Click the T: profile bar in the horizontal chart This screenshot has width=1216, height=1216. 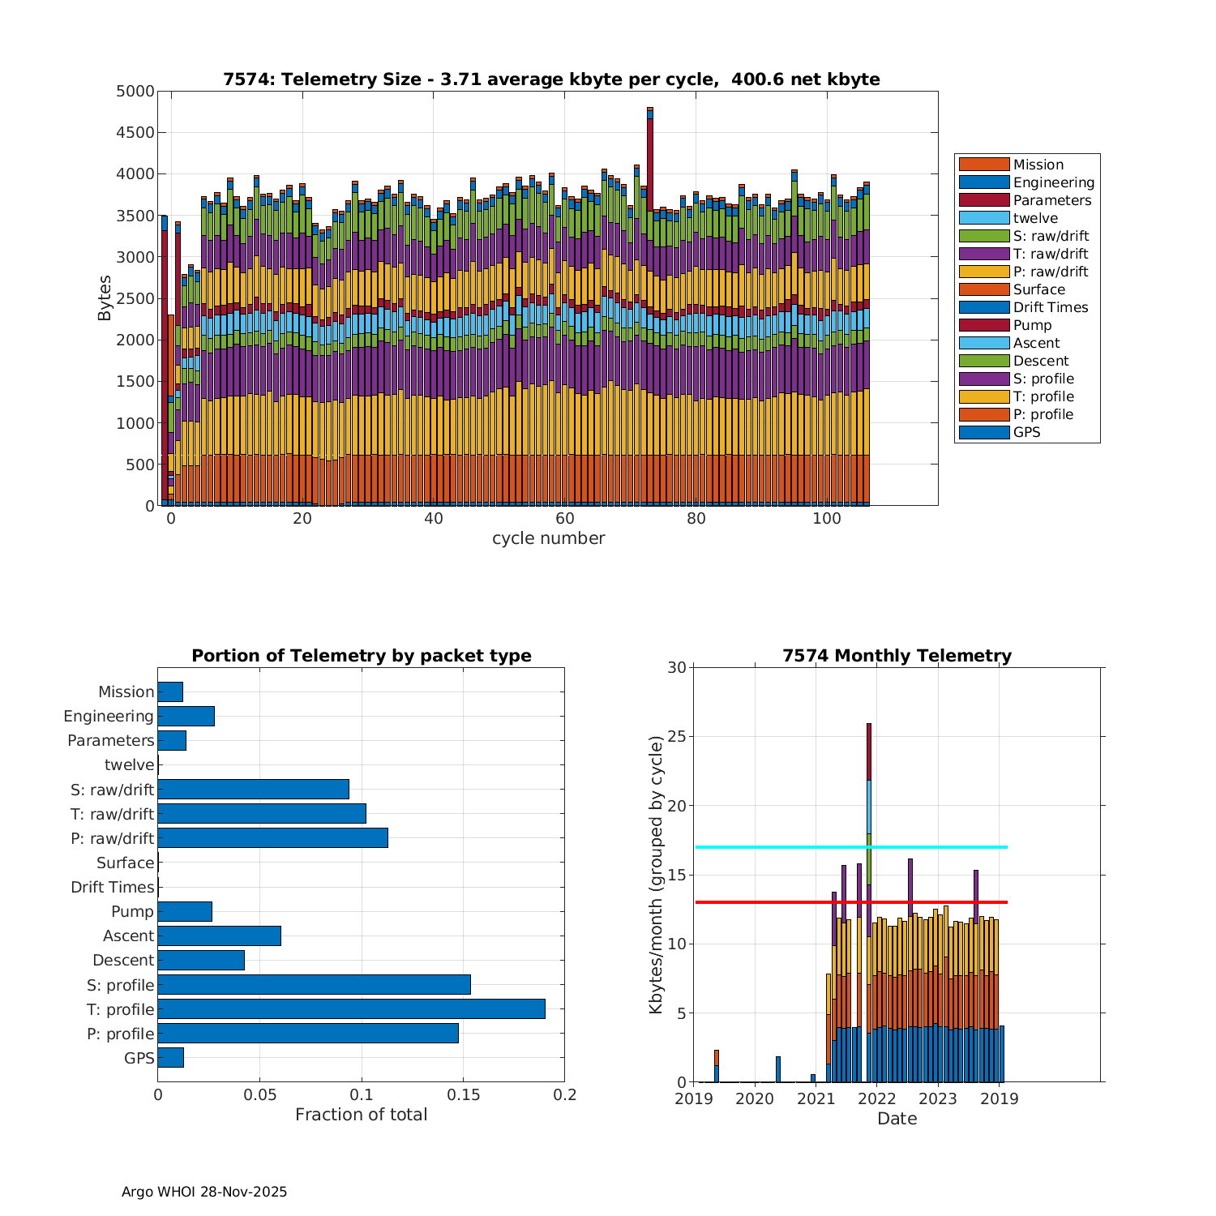click(x=351, y=1009)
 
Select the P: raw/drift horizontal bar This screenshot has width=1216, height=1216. click(x=272, y=838)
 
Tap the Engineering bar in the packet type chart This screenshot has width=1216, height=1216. click(x=186, y=716)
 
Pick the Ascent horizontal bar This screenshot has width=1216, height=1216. click(x=219, y=936)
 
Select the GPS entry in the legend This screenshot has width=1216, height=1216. click(x=1026, y=432)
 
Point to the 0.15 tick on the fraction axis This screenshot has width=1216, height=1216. click(x=463, y=1095)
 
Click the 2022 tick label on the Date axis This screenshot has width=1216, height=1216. click(x=876, y=1099)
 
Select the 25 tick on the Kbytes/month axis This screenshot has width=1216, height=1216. click(x=676, y=737)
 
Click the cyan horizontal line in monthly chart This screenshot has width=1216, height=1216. click(x=770, y=847)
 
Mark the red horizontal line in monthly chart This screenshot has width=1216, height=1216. click(x=770, y=902)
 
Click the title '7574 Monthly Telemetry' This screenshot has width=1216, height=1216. click(x=897, y=656)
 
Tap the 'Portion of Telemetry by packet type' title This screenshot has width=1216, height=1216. click(x=362, y=656)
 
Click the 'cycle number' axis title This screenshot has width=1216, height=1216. click(x=548, y=538)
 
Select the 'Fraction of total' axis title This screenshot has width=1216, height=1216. click(x=361, y=1115)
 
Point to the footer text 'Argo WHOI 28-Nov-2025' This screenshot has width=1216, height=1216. click(x=204, y=1192)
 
